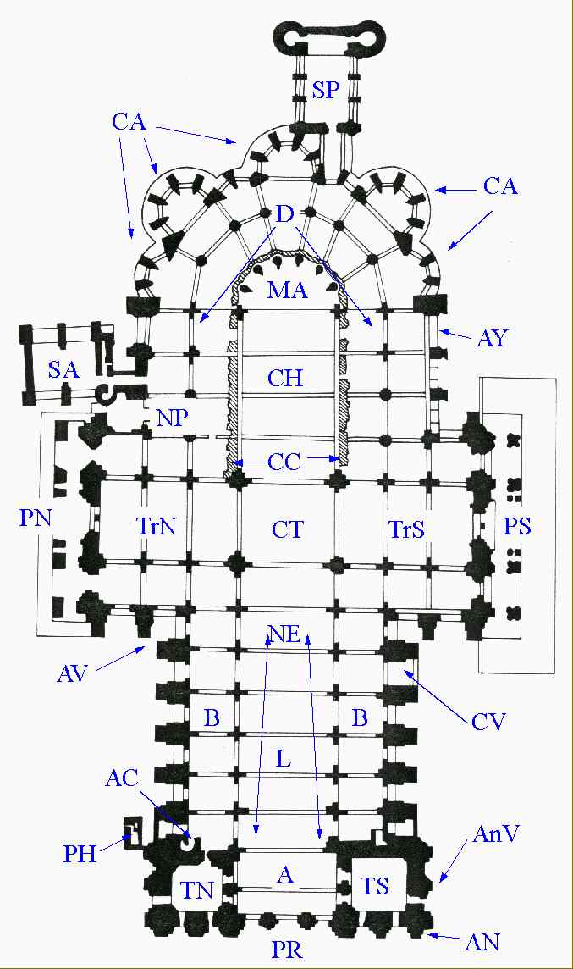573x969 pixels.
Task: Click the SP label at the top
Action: pos(325,91)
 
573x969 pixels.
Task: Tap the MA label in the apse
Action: pos(287,291)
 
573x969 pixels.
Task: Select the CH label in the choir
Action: pos(285,377)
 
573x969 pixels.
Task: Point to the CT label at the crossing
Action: pos(288,530)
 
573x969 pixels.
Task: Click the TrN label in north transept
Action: pos(156,527)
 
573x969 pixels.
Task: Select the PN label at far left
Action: pos(36,517)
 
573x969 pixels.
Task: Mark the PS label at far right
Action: pos(516,526)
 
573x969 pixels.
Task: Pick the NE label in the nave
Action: pos(286,634)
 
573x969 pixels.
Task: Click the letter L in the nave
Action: pos(284,758)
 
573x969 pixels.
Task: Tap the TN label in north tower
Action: pos(197,889)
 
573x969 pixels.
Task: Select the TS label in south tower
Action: pos(375,886)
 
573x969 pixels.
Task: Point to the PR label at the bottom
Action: pos(287,949)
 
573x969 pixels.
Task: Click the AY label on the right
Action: pos(493,339)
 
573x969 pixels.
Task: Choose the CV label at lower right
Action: pos(488,722)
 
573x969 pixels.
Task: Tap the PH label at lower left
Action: pos(80,854)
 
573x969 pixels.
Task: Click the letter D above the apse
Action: pos(285,214)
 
